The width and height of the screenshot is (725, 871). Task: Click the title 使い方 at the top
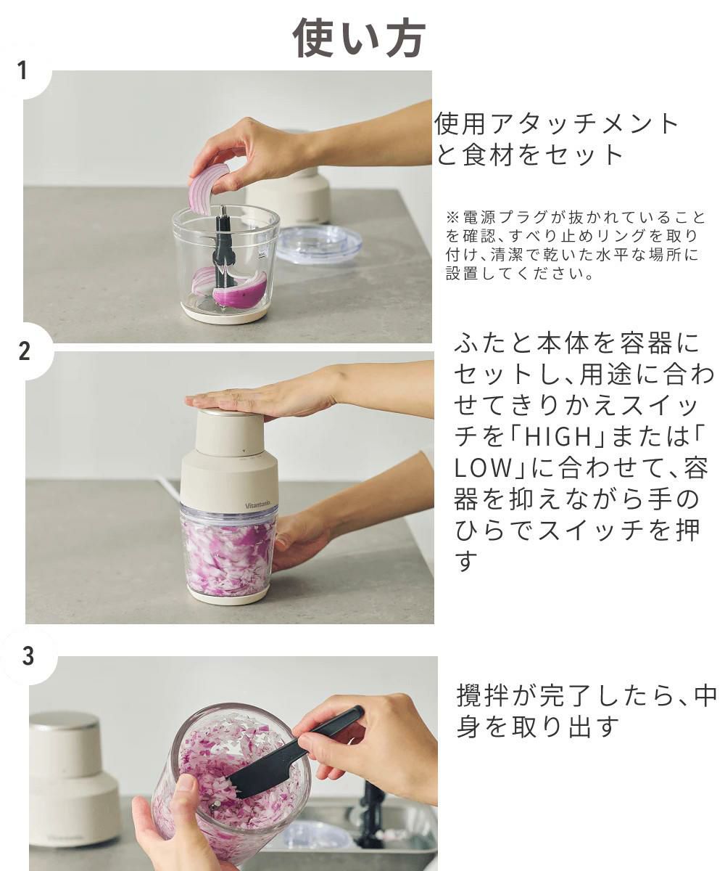click(359, 38)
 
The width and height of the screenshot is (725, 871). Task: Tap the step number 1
click(22, 70)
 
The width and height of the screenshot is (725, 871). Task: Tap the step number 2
click(24, 351)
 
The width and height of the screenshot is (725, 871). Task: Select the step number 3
click(28, 655)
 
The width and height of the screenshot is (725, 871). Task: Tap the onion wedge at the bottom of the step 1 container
click(239, 291)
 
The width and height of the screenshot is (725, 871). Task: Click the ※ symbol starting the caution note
click(452, 217)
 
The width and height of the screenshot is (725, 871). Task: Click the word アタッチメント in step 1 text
click(584, 124)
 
